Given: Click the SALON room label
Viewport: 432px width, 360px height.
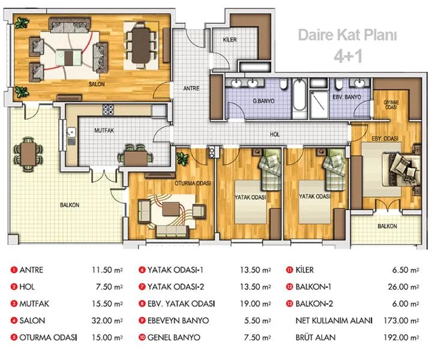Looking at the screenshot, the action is (x=97, y=84).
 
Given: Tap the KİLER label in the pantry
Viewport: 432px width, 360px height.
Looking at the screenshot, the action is (x=230, y=40).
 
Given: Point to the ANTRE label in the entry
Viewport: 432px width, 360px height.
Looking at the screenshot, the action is (x=191, y=88).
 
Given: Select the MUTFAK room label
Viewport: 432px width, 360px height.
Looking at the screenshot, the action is (x=104, y=130).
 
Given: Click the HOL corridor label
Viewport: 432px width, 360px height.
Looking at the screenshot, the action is (x=275, y=134).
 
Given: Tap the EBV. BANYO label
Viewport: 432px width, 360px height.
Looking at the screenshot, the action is (x=347, y=97).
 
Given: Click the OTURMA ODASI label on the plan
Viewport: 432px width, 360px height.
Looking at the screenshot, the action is (x=193, y=184).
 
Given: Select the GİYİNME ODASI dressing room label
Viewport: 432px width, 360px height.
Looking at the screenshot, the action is (x=391, y=104).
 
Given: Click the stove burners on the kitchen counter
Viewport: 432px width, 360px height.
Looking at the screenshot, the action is (x=108, y=110).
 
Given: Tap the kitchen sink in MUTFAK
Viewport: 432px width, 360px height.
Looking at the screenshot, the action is (x=71, y=132).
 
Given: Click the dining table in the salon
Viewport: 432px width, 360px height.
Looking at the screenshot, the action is (x=141, y=45).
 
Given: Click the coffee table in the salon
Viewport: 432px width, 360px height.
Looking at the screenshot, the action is (x=69, y=57).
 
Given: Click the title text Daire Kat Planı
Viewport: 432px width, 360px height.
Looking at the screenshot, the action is (x=347, y=35).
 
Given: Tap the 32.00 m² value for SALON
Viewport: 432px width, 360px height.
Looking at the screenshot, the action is (x=107, y=320).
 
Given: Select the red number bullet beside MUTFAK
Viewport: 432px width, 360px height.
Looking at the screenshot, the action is (x=14, y=304).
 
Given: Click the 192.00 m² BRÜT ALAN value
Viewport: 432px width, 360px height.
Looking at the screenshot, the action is (x=401, y=337).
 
